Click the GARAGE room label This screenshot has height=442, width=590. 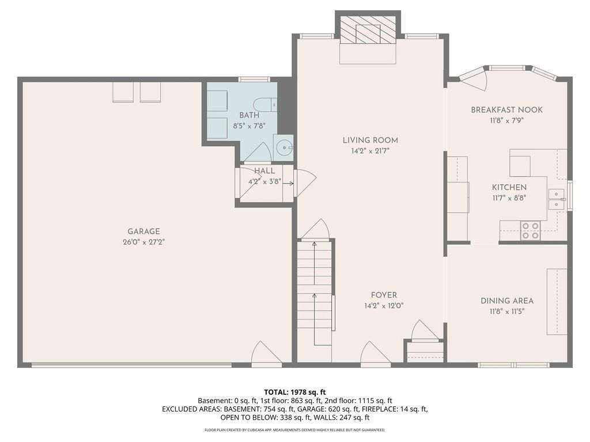[x=143, y=231]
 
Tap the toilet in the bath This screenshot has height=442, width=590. [x=265, y=105]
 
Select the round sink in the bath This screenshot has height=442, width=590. [x=283, y=148]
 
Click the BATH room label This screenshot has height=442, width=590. [x=249, y=115]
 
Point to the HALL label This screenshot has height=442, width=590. [x=264, y=171]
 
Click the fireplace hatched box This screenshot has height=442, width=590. [x=368, y=30]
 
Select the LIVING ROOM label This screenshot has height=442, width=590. [x=370, y=140]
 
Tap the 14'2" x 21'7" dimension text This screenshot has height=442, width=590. [x=370, y=151]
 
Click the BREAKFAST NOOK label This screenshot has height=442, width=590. [x=507, y=110]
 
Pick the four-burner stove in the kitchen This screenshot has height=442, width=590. [x=530, y=230]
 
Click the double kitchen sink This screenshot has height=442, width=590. [x=556, y=199]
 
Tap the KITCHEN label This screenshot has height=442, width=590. [x=509, y=187]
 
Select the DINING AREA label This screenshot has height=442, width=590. [x=507, y=300]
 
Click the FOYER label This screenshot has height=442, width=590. [x=384, y=295]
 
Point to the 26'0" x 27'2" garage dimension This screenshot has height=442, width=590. [x=143, y=242]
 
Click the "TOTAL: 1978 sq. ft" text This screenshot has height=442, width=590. [x=294, y=393]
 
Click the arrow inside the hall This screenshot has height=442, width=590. [x=288, y=184]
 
